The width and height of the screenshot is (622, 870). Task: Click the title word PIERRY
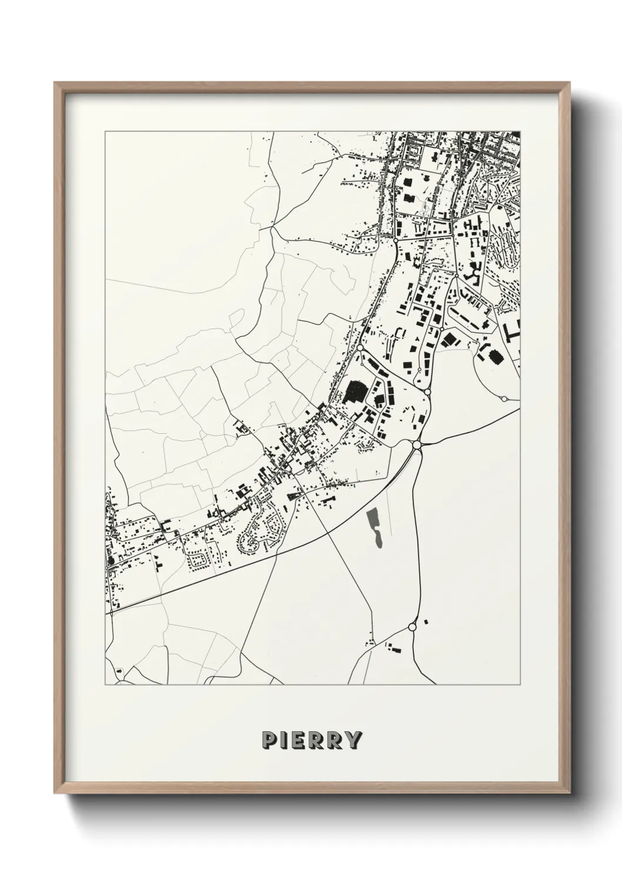pyautogui.click(x=312, y=740)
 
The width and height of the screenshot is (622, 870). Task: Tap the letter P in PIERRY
pyautogui.click(x=269, y=740)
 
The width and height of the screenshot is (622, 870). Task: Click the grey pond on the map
pyautogui.click(x=374, y=527)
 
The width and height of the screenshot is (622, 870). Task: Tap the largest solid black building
pyautogui.click(x=354, y=391)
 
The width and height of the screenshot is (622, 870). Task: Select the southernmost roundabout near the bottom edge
pyautogui.click(x=412, y=627)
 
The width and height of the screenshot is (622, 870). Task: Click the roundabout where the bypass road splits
pyautogui.click(x=417, y=445)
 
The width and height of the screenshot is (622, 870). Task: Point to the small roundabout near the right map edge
pyautogui.click(x=504, y=399)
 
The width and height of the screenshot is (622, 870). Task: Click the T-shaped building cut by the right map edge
pyautogui.click(x=513, y=332)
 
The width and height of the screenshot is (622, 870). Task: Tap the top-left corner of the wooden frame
pyautogui.click(x=55, y=83)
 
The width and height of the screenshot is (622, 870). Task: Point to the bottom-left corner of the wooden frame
pyautogui.click(x=55, y=794)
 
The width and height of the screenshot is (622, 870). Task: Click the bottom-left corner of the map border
pyautogui.click(x=105, y=685)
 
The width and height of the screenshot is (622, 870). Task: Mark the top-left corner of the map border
pyautogui.click(x=105, y=132)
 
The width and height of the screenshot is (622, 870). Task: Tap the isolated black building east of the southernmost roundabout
pyautogui.click(x=426, y=621)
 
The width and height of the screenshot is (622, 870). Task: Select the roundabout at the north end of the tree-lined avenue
pyautogui.click(x=396, y=241)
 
